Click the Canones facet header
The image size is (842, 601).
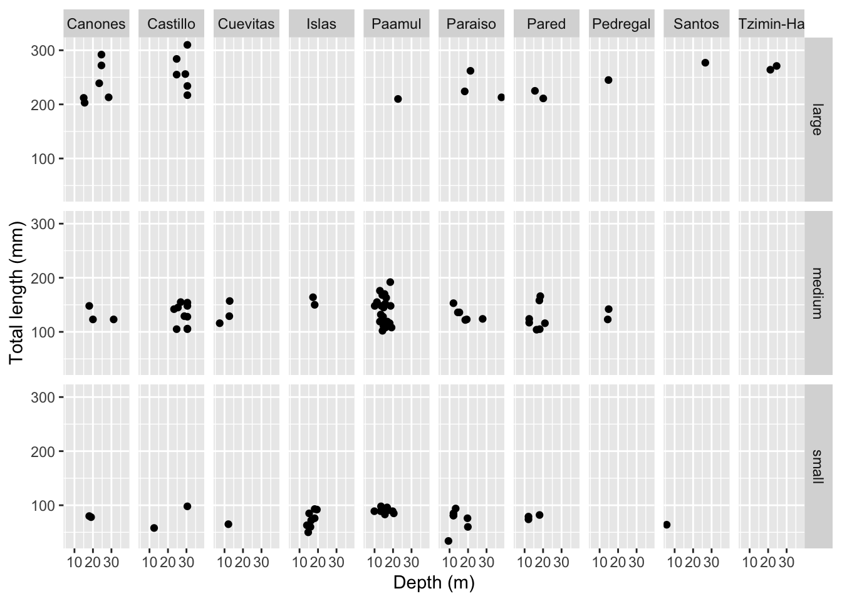click(96, 24)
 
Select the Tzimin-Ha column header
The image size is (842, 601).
click(771, 24)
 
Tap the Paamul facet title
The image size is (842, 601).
click(397, 24)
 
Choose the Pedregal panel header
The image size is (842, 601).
click(621, 24)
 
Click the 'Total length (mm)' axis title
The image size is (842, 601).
click(16, 293)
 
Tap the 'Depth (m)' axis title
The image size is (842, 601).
click(434, 583)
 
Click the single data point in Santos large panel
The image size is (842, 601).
click(705, 63)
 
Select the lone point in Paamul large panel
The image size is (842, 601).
click(398, 99)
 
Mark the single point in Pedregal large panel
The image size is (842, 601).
click(608, 80)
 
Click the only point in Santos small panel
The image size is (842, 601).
click(667, 525)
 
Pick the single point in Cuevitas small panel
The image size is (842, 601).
click(228, 524)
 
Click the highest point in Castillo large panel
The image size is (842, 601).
click(187, 45)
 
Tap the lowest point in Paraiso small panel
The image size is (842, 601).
click(448, 541)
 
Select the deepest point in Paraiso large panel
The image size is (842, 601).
click(501, 97)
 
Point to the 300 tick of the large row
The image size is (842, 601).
click(47, 51)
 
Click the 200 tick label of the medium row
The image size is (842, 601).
click(47, 278)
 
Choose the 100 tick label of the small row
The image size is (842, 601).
click(47, 505)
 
